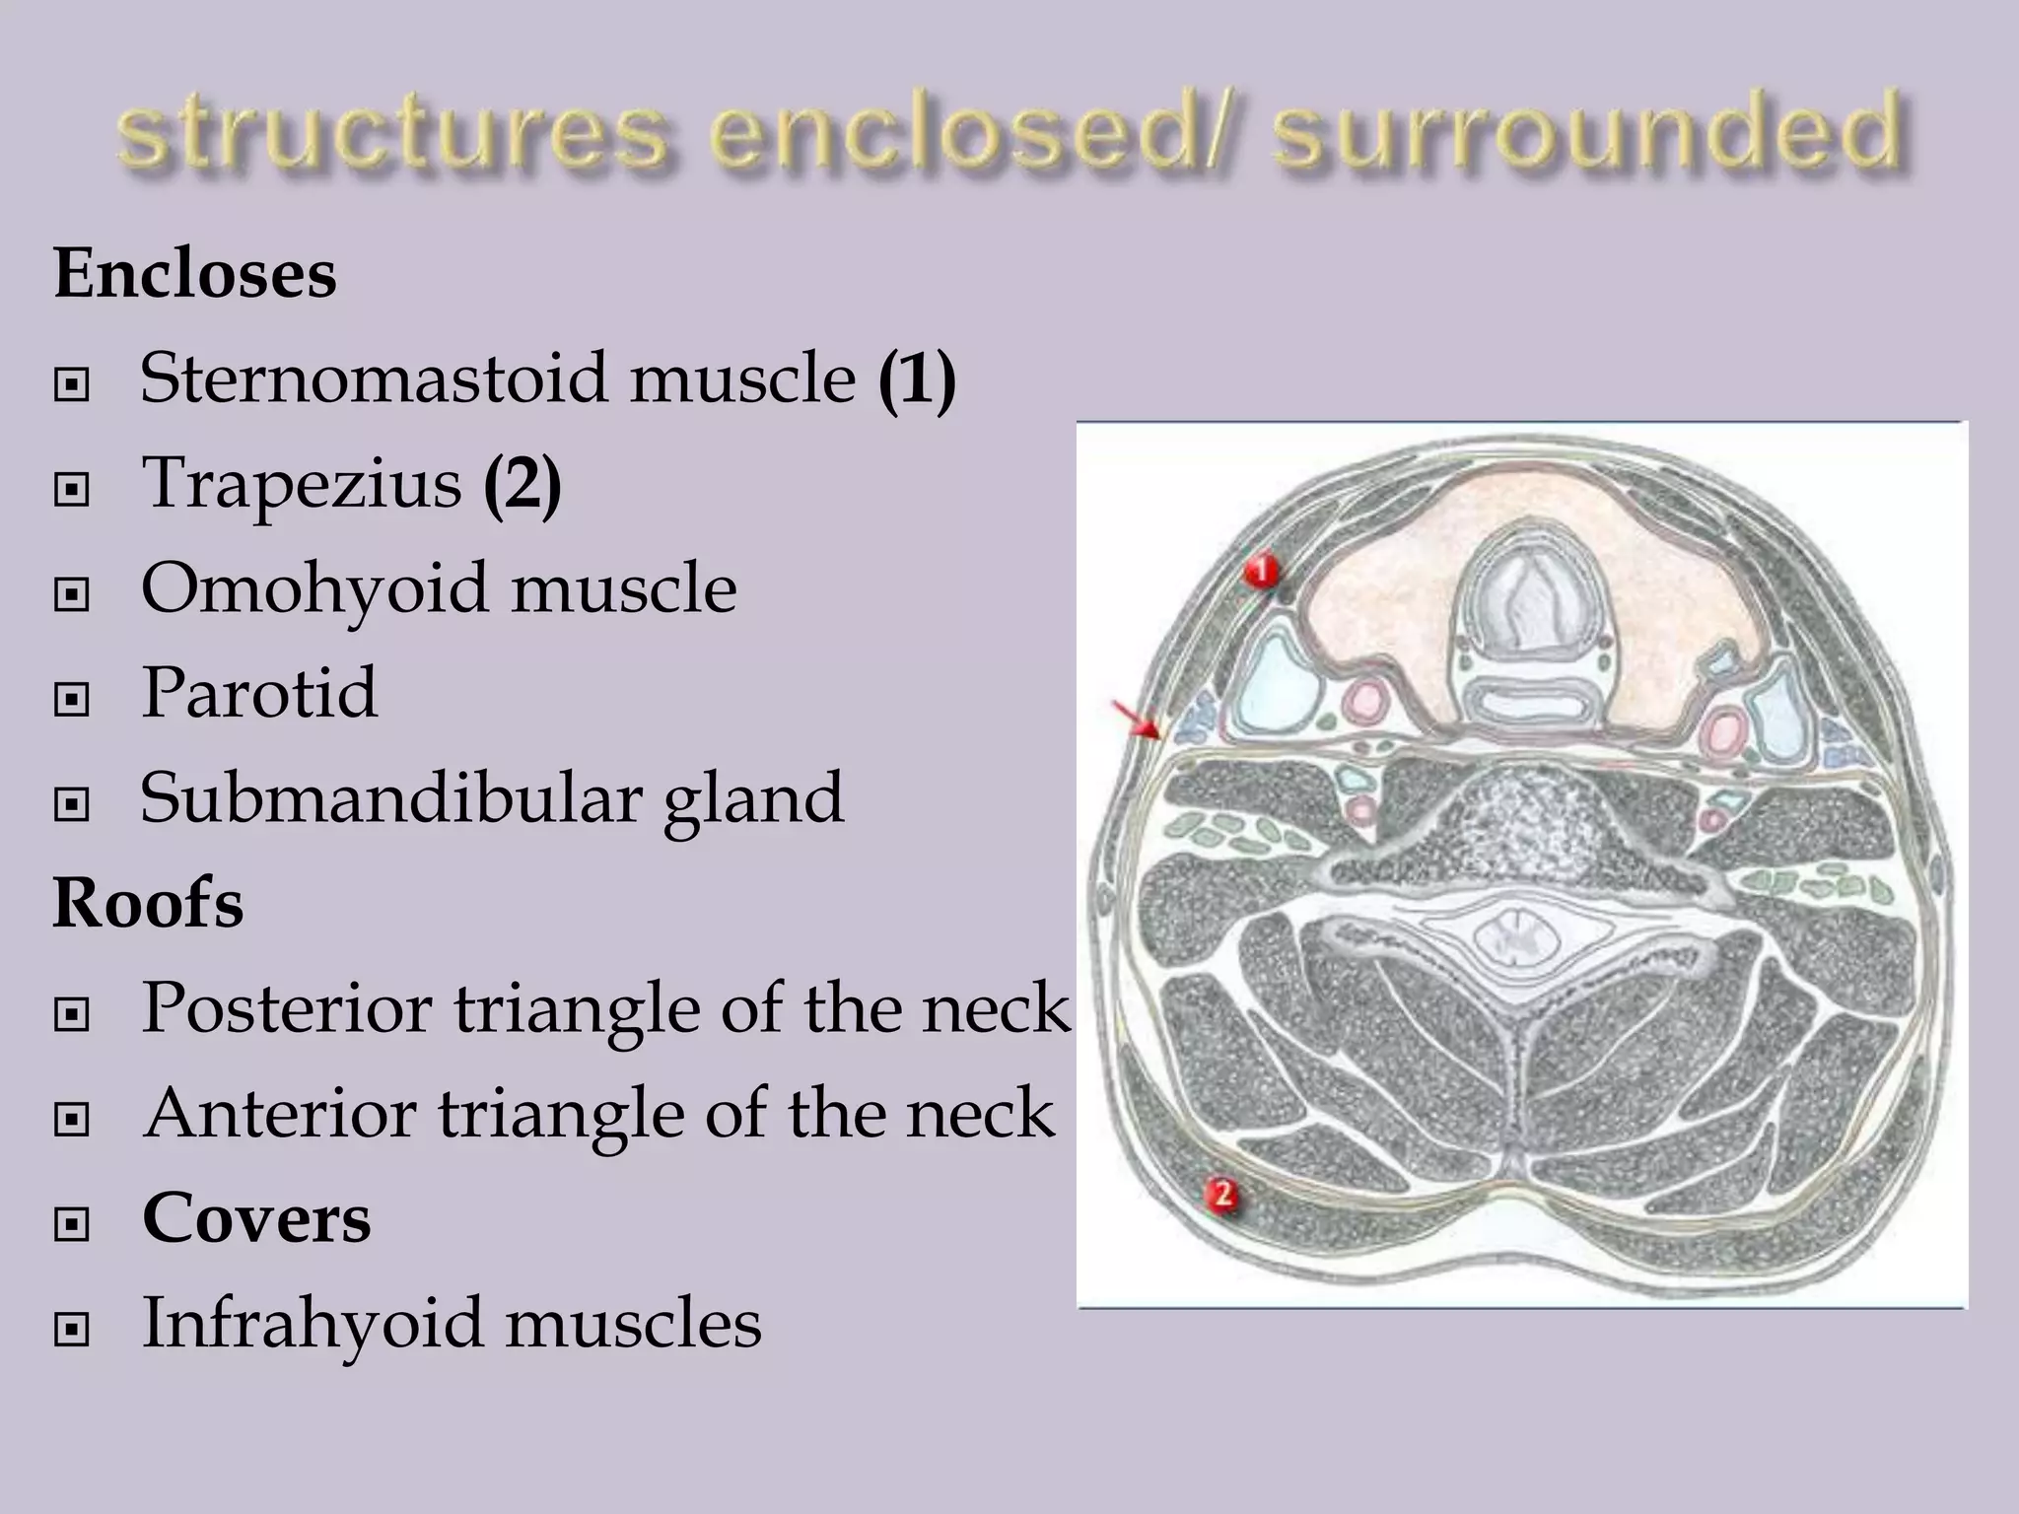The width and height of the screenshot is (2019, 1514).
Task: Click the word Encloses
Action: tap(195, 273)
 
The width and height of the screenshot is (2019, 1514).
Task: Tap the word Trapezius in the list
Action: tap(302, 483)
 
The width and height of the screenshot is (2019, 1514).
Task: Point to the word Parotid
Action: tap(259, 693)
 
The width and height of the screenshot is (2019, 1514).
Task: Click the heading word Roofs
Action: tap(148, 903)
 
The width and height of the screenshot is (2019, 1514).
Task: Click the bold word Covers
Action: tap(256, 1218)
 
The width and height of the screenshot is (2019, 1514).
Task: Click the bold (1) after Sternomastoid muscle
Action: tap(917, 378)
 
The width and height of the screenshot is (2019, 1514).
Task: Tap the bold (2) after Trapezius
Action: tap(522, 484)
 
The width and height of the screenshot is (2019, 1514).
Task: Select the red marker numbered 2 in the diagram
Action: tap(1222, 1196)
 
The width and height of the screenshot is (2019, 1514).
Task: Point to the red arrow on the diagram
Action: tap(1137, 720)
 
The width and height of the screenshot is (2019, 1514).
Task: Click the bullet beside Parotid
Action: tap(72, 700)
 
